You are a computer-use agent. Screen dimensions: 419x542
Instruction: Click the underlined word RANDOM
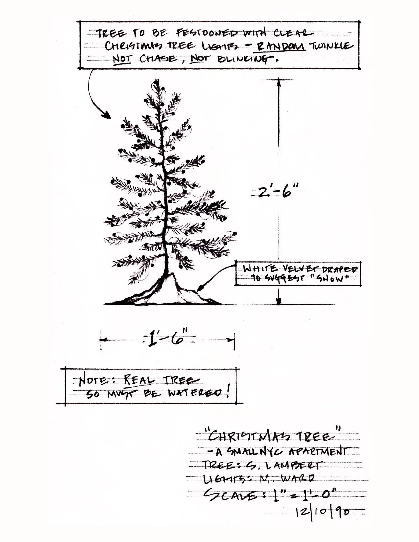281,46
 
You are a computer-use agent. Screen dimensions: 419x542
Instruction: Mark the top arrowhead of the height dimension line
279,82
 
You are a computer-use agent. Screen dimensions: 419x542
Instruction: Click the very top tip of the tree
154,79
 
